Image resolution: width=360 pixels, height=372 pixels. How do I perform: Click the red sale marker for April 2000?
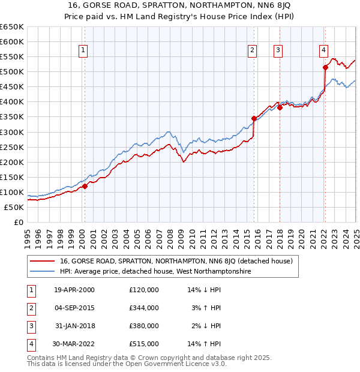(85, 186)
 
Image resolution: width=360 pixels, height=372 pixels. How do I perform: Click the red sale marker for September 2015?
(254, 119)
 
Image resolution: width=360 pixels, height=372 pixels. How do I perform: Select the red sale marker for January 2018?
(280, 108)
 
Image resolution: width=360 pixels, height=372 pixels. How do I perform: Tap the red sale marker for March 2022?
(325, 67)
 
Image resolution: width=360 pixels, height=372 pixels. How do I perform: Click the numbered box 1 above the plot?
(83, 51)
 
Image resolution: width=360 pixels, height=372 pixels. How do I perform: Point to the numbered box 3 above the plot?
(278, 51)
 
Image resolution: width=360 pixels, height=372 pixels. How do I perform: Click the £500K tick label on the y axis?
(12, 72)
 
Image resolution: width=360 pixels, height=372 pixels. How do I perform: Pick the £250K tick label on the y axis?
(12, 147)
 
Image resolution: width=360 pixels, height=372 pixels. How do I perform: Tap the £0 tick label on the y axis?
(18, 222)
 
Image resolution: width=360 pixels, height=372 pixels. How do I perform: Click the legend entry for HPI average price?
(155, 272)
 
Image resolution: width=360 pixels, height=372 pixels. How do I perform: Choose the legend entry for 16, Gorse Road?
(176, 262)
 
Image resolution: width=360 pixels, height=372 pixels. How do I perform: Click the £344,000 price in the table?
(144, 308)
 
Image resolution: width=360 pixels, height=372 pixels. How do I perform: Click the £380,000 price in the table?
(144, 326)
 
